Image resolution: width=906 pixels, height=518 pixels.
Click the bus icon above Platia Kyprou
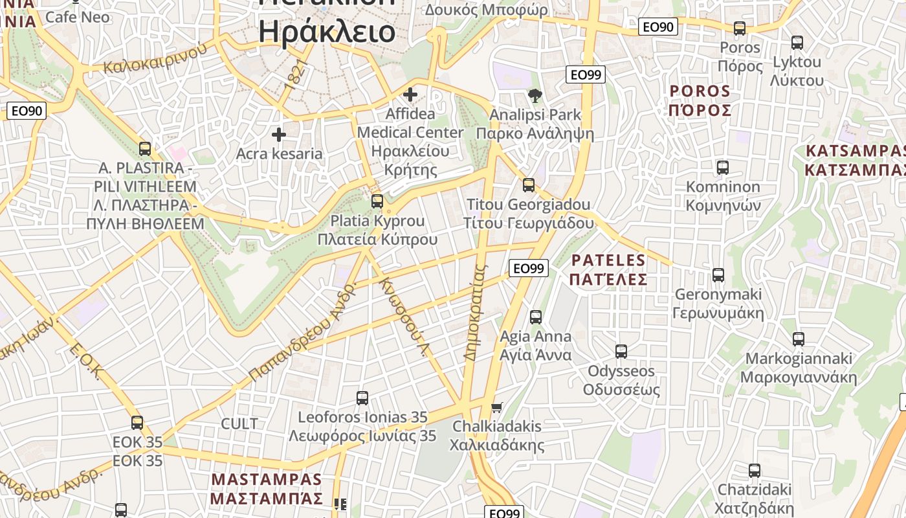(377, 201)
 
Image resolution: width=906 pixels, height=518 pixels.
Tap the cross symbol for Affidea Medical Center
(410, 95)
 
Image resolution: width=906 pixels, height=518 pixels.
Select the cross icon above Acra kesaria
(279, 135)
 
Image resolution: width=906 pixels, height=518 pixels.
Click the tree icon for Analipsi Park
(535, 96)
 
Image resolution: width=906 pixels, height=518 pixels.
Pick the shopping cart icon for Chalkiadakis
(496, 407)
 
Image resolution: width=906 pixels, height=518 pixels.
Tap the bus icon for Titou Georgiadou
(529, 185)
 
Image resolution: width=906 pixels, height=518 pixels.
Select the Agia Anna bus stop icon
(536, 317)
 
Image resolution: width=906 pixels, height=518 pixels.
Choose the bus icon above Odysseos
(621, 352)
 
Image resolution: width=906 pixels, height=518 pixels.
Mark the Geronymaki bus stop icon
(718, 275)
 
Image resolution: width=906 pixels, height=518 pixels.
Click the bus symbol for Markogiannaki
(799, 339)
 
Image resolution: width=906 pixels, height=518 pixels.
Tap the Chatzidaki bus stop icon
(755, 470)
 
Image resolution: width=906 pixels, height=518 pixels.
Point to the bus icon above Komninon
(723, 167)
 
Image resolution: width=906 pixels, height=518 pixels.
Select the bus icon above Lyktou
(797, 42)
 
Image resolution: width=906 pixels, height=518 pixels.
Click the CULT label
(239, 424)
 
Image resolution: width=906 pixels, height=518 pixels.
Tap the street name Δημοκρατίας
(474, 311)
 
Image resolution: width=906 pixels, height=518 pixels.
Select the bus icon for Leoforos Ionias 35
(362, 398)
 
